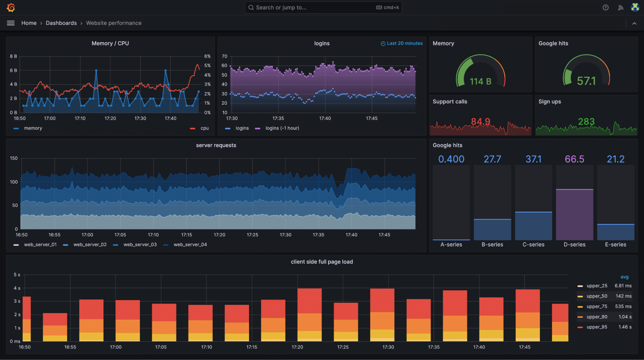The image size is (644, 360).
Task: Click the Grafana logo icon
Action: (x=11, y=7)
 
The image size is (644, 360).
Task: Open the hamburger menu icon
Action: (x=11, y=23)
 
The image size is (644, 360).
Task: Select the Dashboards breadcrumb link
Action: (x=61, y=23)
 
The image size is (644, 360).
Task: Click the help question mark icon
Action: (x=606, y=7)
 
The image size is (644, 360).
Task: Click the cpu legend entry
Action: (x=204, y=128)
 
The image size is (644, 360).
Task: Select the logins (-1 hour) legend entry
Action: (x=282, y=128)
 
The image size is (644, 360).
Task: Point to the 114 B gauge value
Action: (x=480, y=81)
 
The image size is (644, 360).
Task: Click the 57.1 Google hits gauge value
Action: (x=586, y=81)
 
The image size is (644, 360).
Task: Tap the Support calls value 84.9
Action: (x=480, y=121)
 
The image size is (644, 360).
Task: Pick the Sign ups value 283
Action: (x=586, y=121)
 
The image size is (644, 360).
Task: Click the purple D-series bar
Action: (x=574, y=214)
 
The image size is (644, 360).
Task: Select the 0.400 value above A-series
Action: (x=451, y=159)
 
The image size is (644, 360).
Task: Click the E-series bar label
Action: (x=615, y=245)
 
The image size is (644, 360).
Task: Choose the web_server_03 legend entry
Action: (x=140, y=245)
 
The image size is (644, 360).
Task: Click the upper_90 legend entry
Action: (x=597, y=317)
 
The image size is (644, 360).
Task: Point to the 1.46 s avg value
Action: (x=625, y=327)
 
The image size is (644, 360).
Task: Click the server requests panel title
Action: (x=216, y=146)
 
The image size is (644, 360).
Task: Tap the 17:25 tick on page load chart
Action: (x=343, y=347)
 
